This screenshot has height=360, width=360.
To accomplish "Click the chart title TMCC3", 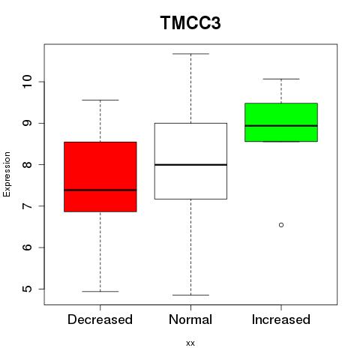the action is click(190, 22).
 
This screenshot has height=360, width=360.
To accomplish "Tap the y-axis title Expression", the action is click(7, 174).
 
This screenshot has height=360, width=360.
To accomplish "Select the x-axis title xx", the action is click(190, 343).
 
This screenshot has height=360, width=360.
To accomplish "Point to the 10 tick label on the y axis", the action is click(27, 82).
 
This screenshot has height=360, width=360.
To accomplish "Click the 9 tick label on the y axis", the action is click(27, 123).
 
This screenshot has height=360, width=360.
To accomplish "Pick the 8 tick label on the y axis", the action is click(27, 164).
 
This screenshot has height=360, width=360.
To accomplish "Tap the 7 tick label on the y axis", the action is click(27, 206).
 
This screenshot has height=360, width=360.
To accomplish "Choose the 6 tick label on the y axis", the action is click(27, 247).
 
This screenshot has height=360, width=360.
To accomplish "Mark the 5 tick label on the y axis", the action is click(27, 289).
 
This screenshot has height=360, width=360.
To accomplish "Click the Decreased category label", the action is click(100, 319).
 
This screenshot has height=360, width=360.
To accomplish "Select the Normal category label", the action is click(190, 319).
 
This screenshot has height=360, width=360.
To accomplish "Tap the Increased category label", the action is click(281, 319).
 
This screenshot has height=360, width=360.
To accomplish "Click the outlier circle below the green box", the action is click(281, 225).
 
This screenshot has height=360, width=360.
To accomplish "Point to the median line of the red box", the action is click(100, 190).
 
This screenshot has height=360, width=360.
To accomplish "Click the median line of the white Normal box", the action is click(190, 165).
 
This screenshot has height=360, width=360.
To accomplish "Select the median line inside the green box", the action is click(281, 126).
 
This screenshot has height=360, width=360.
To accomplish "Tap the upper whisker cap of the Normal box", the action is click(190, 54).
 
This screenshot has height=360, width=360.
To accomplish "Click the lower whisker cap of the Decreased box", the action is click(100, 291).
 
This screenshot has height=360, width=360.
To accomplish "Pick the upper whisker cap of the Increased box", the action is click(281, 79).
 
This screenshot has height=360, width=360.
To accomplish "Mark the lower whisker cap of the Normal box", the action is click(190, 295).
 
